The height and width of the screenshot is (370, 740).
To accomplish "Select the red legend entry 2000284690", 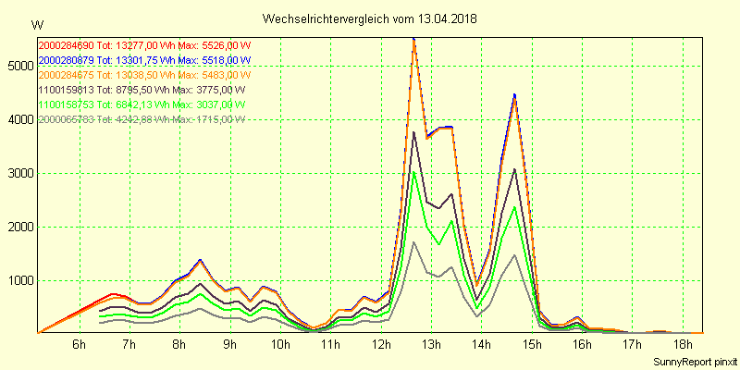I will tap(66, 45).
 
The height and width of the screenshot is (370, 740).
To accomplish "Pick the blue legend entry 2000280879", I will tap(66, 60).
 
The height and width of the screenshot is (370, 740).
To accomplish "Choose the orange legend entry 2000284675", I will tap(66, 75).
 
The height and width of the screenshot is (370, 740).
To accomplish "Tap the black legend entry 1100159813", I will tap(66, 90).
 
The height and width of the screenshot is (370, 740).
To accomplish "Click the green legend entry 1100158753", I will tap(66, 105).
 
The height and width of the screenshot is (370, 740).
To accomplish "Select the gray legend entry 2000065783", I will tap(66, 119).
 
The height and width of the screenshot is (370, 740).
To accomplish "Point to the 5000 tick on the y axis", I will tap(18, 66).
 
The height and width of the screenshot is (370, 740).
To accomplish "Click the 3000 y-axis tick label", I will tap(18, 173).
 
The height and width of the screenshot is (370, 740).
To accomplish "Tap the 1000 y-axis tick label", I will tap(18, 280).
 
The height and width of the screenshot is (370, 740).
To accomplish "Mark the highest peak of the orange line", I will tap(413, 41).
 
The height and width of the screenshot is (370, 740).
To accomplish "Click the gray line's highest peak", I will tap(413, 242).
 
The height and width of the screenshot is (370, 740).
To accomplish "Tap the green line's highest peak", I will tap(413, 172).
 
